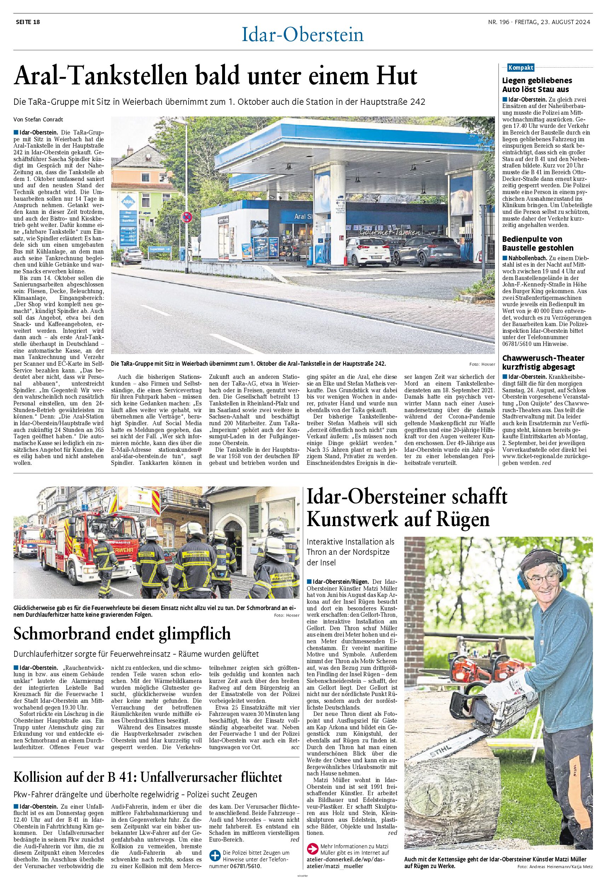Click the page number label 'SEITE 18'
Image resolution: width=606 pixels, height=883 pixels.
[28, 22]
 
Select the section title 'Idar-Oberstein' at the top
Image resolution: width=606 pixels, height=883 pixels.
[302, 35]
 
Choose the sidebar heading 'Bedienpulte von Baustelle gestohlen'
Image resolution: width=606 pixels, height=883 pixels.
[538, 244]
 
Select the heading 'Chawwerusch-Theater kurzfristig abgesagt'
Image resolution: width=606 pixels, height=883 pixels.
[543, 362]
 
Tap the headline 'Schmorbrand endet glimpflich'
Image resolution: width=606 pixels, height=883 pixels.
[122, 634]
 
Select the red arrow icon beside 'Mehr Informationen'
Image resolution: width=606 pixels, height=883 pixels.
[312, 847]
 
